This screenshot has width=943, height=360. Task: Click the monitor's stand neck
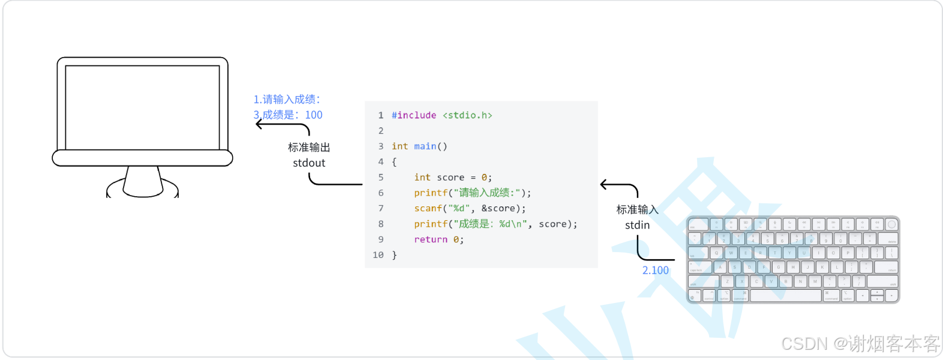tap(143, 180)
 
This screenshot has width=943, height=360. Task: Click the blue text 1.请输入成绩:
tap(287, 99)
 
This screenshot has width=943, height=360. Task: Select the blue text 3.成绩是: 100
tap(288, 115)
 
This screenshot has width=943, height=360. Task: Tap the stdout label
tap(309, 163)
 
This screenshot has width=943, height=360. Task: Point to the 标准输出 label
tap(309, 147)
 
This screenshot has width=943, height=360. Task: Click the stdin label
tap(637, 225)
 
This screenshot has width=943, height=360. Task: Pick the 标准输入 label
tap(637, 209)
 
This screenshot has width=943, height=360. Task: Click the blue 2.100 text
tap(655, 271)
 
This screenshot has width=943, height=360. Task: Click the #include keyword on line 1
tap(414, 115)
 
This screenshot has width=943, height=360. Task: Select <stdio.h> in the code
tap(467, 115)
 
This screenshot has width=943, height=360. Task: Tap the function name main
tap(425, 146)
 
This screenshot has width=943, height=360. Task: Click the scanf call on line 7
tap(428, 208)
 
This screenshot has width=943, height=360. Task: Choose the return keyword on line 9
tap(431, 239)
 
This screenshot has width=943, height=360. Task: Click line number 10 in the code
tap(378, 255)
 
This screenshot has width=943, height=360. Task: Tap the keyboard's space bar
tap(785, 296)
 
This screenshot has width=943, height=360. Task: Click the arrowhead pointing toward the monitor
tap(259, 124)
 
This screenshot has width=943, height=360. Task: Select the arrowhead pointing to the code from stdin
tap(603, 185)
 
